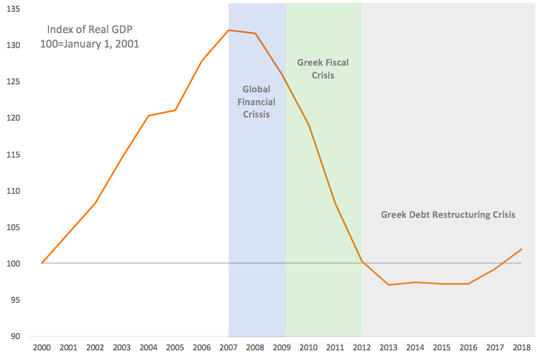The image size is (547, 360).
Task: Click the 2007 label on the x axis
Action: [x=228, y=347]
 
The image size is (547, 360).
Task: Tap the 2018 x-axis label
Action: [x=522, y=347]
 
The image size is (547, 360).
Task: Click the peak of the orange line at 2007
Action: [x=228, y=30]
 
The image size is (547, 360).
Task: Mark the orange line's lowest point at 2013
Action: [x=389, y=285]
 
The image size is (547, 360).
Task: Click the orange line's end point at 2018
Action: [x=522, y=249]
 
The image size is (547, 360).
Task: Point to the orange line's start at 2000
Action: [x=42, y=263]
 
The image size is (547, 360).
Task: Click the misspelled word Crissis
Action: [x=256, y=114]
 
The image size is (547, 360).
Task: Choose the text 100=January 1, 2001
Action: [x=89, y=44]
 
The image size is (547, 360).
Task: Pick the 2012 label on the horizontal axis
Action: [x=362, y=347]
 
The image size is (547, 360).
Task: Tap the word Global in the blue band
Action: [x=256, y=89]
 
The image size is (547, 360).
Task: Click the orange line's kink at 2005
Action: [x=175, y=110]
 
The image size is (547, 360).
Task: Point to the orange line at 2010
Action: [x=308, y=125]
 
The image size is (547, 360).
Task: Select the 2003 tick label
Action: [x=122, y=347]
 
